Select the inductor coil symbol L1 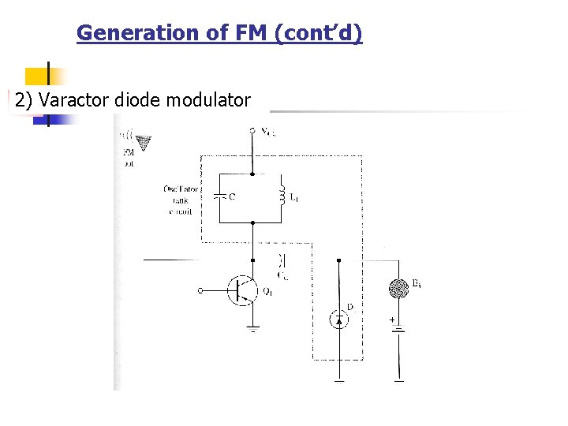[281, 194]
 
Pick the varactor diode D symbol [339, 319]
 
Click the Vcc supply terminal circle [252, 130]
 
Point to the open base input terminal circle [200, 290]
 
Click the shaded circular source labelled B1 [399, 289]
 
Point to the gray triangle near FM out [144, 144]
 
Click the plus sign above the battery [391, 320]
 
